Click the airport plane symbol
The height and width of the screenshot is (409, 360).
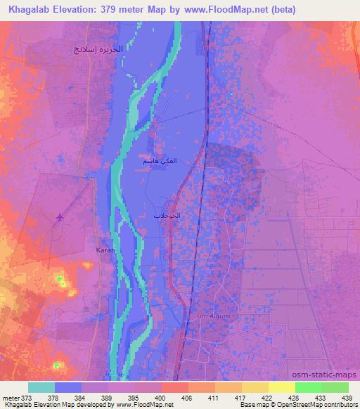(59, 216)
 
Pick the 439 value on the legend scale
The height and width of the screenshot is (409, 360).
(347, 398)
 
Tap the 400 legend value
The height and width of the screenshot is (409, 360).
(162, 398)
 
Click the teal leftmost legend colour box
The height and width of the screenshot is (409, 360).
(41, 387)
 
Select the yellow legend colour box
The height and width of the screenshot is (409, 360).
(281, 387)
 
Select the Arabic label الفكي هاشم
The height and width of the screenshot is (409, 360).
(159, 162)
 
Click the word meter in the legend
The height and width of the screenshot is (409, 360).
(10, 398)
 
